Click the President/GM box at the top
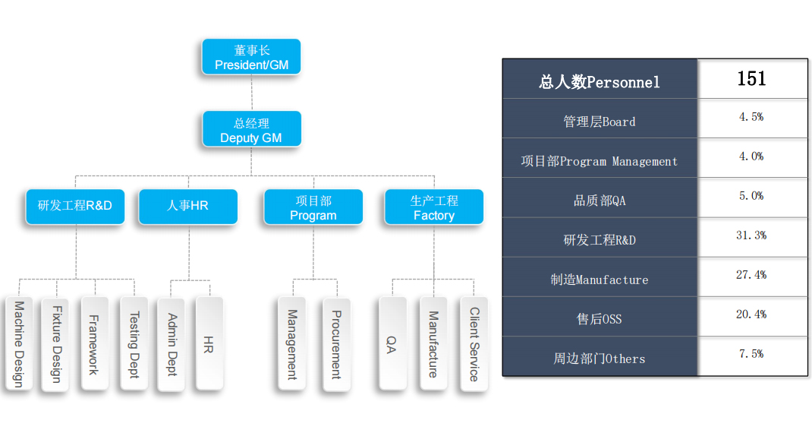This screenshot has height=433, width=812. click(251, 56)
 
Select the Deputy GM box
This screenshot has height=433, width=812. click(252, 128)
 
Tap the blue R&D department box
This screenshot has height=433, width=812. click(75, 207)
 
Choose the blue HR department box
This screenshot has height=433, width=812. click(188, 207)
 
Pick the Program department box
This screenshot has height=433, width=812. click(313, 207)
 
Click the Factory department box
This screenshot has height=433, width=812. click(434, 207)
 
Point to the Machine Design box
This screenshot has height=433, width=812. click(19, 343)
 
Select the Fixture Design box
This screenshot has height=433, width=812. click(56, 344)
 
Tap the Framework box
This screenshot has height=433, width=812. click(95, 343)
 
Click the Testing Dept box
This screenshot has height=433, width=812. click(134, 343)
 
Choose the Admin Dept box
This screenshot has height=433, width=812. click(172, 344)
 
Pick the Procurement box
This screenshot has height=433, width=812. click(337, 344)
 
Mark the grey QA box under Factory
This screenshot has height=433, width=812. click(392, 343)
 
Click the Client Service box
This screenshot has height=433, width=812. click(474, 344)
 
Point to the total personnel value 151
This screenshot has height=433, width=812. click(751, 79)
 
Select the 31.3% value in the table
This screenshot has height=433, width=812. click(751, 235)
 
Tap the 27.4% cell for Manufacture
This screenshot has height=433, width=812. click(751, 275)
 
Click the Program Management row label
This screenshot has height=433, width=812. click(600, 161)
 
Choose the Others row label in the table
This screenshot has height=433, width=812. click(600, 359)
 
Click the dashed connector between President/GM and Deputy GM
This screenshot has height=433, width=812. click(252, 93)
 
